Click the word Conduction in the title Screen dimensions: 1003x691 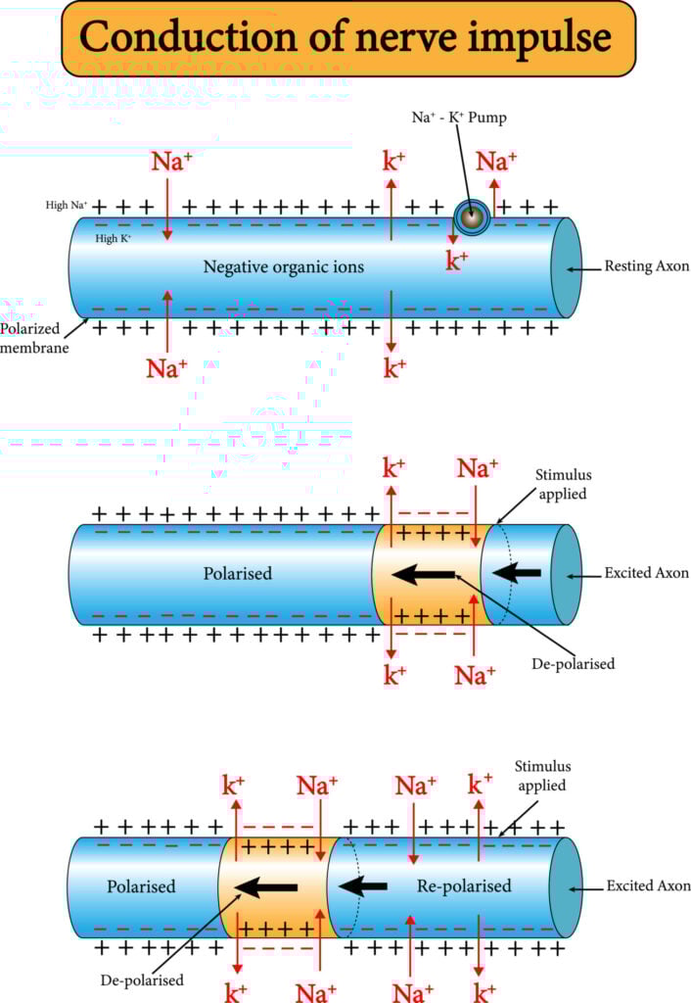pyautogui.click(x=185, y=37)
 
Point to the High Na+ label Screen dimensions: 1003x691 pyautogui.click(x=67, y=206)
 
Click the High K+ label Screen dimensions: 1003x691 pyautogui.click(x=114, y=238)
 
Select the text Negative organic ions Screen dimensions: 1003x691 pyautogui.click(x=283, y=266)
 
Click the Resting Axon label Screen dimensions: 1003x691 pyautogui.click(x=647, y=266)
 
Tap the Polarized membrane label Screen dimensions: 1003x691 pyautogui.click(x=34, y=339)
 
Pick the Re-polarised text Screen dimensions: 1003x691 pyautogui.click(x=464, y=885)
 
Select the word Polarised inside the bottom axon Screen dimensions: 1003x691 pyautogui.click(x=141, y=885)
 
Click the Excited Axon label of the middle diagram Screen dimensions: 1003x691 pyautogui.click(x=646, y=573)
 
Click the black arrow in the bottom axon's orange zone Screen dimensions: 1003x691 pyautogui.click(x=268, y=887)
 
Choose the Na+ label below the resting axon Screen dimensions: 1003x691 pyautogui.click(x=167, y=368)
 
